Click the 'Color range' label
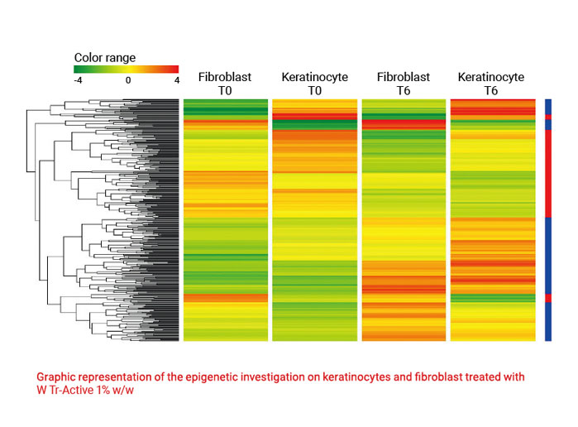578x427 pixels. [104, 58]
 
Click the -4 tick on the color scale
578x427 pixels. [78, 81]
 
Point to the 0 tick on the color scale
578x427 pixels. [128, 81]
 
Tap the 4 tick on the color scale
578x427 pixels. [176, 81]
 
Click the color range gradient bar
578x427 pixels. [127, 69]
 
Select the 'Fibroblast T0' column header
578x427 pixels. [225, 84]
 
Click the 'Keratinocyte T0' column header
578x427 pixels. [314, 84]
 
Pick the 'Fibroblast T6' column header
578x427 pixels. [404, 84]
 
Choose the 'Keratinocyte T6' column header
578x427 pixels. [491, 84]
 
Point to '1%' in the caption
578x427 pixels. [103, 391]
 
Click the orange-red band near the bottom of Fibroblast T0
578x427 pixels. [225, 297]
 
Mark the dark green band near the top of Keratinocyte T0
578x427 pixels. [314, 125]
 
